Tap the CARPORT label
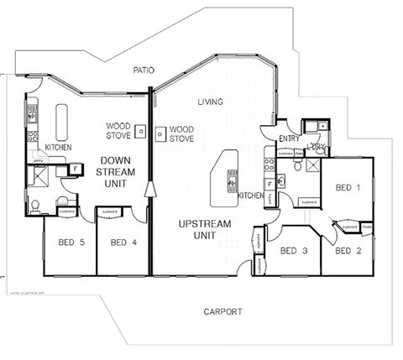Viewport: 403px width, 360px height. [x=223, y=311]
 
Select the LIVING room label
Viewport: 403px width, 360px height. [x=210, y=102]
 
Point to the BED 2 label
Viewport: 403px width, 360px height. [x=347, y=250]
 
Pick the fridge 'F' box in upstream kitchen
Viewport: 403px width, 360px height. [x=268, y=182]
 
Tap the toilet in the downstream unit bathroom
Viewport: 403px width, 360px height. [x=34, y=206]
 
